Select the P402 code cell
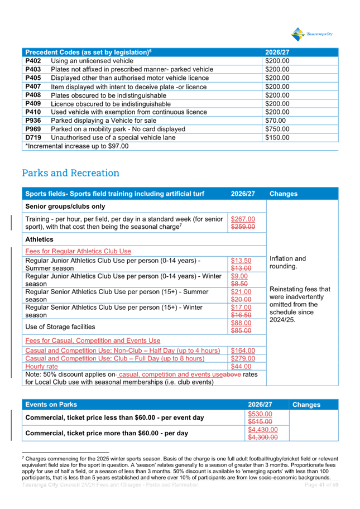click(33, 60)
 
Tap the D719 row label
click(33, 137)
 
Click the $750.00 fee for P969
click(277, 129)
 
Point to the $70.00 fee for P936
click(275, 121)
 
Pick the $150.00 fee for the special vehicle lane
click(277, 137)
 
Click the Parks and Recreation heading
click(70, 174)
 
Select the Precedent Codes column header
click(88, 52)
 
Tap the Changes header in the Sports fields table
click(283, 194)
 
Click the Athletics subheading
click(40, 239)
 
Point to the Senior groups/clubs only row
click(65, 207)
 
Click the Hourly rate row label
click(41, 366)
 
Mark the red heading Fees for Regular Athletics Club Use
click(78, 251)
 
